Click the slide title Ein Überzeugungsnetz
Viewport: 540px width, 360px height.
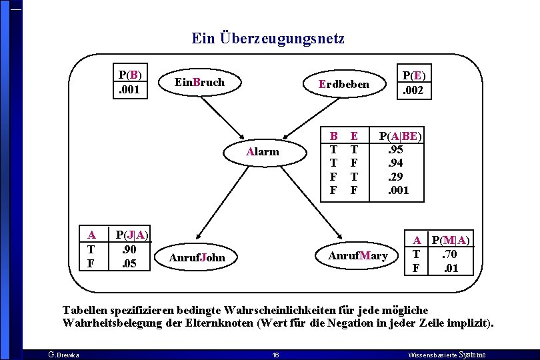pos(268,39)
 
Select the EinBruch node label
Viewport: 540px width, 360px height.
pos(199,83)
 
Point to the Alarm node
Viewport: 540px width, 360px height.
pos(263,151)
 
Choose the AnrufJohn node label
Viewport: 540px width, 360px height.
pos(197,257)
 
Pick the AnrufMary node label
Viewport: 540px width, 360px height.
pos(357,256)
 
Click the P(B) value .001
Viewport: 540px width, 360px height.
pos(129,88)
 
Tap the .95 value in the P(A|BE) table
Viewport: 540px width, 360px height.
pos(396,150)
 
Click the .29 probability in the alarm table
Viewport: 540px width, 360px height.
pos(396,177)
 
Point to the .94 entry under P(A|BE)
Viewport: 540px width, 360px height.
pos(396,163)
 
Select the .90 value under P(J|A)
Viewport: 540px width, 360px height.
pos(131,249)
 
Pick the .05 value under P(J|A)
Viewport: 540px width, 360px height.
pos(131,263)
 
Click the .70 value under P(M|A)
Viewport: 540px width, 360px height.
pos(451,254)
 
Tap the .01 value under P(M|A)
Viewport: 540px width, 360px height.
pos(451,268)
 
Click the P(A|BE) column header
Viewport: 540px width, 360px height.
pos(400,136)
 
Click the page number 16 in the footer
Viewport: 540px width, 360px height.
pos(275,355)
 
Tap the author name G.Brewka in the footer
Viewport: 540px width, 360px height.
pos(64,355)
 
